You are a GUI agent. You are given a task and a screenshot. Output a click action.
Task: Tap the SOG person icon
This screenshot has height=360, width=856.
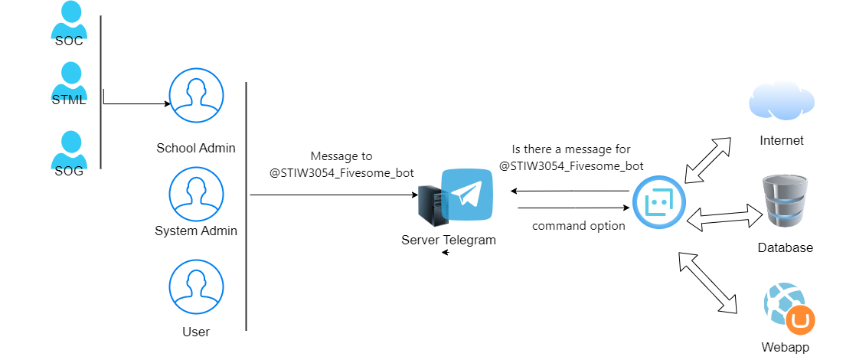point(68,149)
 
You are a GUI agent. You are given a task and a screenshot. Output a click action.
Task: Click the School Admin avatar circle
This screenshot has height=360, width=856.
point(196,96)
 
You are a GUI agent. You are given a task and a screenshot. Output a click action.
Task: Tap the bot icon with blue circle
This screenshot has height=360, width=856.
point(658,203)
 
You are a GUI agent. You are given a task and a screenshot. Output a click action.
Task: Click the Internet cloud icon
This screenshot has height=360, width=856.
point(782,102)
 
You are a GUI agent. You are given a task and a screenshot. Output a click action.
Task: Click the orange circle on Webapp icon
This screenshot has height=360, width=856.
point(801,320)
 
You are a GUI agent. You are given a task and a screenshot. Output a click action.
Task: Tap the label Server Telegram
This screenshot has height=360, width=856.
point(449,240)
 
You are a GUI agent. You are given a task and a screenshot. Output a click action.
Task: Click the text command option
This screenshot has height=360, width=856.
point(579,225)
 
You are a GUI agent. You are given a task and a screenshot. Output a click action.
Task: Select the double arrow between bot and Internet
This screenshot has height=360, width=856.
point(707,161)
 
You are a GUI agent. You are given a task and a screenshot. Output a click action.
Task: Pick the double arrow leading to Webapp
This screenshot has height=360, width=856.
point(707,283)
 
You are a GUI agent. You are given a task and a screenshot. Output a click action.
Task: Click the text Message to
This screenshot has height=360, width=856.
point(341,155)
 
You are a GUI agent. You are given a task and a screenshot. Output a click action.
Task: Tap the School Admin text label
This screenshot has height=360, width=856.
point(196,148)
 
